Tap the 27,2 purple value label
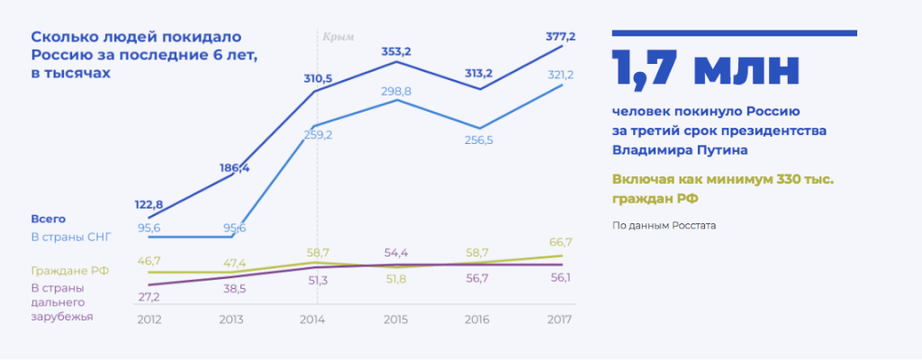point(149,296)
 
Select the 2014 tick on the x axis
point(312,318)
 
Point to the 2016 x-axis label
point(479,318)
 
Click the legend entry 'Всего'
point(48,219)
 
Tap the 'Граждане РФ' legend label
point(68,270)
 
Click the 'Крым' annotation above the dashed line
point(339,37)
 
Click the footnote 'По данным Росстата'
point(664,224)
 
